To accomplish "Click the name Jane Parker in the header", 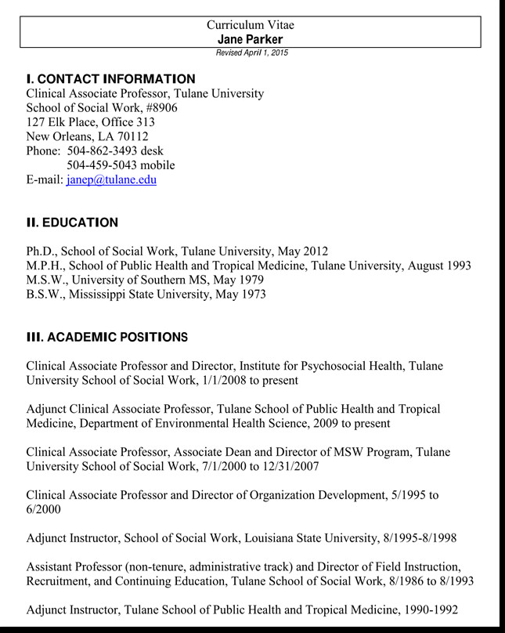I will pyautogui.click(x=251, y=39).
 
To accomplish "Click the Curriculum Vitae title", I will pyautogui.click(x=251, y=25).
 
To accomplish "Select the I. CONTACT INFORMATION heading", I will pyautogui.click(x=110, y=79).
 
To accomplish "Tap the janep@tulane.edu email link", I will pyautogui.click(x=111, y=179).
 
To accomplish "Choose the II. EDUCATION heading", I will pyautogui.click(x=72, y=222).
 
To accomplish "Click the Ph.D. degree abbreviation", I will pyautogui.click(x=40, y=251).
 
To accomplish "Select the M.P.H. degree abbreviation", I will pyautogui.click(x=45, y=266).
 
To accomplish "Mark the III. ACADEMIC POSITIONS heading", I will pyautogui.click(x=106, y=338).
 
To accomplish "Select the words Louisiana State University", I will pyautogui.click(x=305, y=538).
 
